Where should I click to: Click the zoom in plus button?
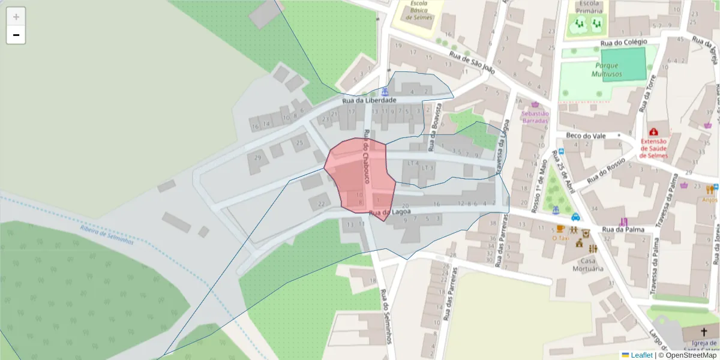coord(16,17)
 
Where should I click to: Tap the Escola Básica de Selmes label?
coord(419,11)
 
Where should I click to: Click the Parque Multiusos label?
coord(607,70)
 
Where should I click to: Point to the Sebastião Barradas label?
coord(535,117)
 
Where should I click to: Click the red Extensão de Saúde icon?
coord(653,131)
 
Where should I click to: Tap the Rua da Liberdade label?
coord(369,101)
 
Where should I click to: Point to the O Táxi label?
coord(560,238)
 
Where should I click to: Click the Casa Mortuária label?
coord(591,265)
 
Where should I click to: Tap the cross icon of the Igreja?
coord(704,332)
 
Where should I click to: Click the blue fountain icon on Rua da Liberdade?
coord(385,92)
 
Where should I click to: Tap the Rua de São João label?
coord(472,62)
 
